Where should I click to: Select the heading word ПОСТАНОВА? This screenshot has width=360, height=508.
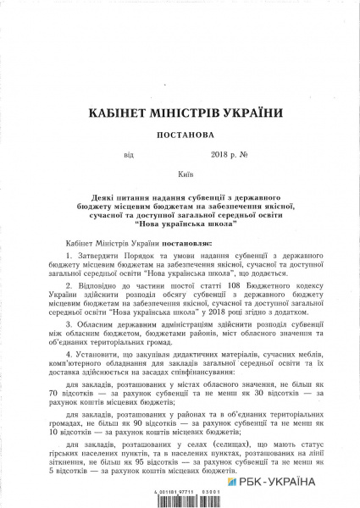pos(180,135)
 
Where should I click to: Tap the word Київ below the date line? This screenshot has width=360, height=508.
pos(180,172)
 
